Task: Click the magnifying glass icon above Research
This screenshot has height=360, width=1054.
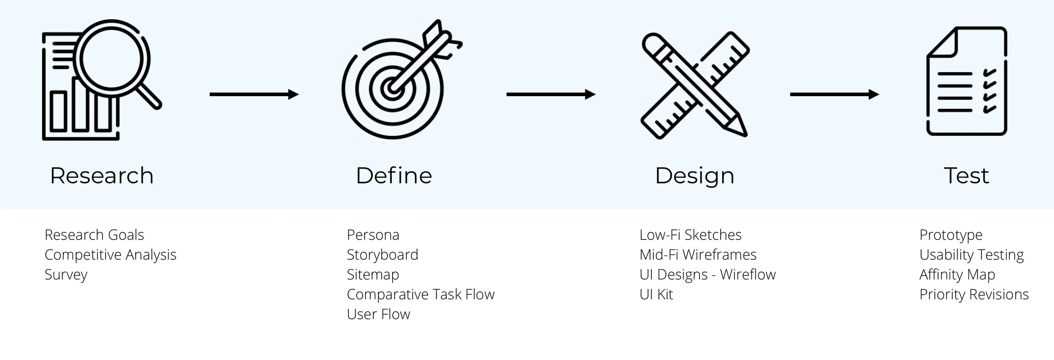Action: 101,80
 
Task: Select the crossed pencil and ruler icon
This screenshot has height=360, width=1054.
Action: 694,84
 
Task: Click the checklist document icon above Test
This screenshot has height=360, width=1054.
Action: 967,81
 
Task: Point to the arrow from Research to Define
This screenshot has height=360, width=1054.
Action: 254,94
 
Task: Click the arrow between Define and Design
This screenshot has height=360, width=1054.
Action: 551,94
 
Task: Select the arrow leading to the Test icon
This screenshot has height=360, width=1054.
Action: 834,94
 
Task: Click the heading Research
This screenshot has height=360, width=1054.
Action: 102,175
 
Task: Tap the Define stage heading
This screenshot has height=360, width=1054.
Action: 394,175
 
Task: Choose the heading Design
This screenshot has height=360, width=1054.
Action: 694,176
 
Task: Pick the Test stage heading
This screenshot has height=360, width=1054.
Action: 966,175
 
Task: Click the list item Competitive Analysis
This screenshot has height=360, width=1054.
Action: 110,255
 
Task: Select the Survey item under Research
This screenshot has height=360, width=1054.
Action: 66,275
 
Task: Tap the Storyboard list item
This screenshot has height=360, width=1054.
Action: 382,255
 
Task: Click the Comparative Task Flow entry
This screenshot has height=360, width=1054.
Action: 420,294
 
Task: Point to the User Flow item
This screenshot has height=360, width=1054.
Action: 378,314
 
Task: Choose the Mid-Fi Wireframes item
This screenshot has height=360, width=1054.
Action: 698,255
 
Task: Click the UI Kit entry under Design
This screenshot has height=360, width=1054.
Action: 656,294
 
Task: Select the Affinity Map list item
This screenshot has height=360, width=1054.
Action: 957,275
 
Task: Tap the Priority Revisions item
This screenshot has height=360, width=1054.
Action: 974,294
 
